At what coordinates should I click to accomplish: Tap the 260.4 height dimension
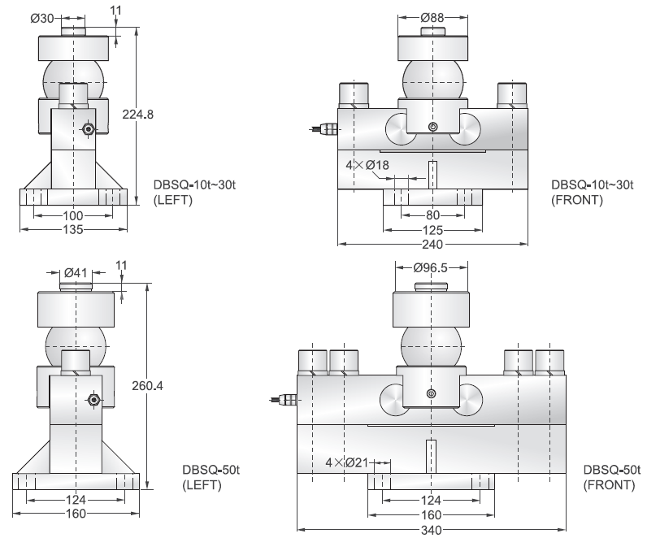pos(147,385)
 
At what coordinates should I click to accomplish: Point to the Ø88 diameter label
pos(432,17)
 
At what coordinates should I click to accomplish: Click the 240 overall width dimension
pos(432,242)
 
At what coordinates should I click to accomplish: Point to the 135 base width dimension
pos(74,228)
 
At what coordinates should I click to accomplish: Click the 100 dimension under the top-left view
pos(74,215)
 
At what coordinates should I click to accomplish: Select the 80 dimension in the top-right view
pos(432,215)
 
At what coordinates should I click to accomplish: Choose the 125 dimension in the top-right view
pos(432,229)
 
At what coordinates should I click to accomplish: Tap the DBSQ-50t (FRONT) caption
pos(609,478)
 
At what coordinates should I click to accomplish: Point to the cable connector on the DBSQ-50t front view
pos(284,399)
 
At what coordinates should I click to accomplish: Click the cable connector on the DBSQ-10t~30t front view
pos(324,128)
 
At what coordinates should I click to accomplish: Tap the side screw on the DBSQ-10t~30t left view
pos(89,129)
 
